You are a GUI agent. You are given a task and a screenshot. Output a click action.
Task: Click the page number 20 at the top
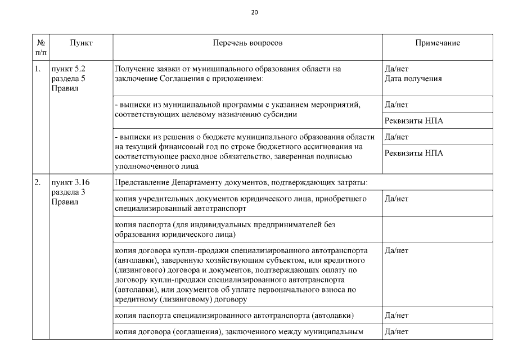pos(254,12)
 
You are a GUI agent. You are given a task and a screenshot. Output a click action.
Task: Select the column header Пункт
pos(81,43)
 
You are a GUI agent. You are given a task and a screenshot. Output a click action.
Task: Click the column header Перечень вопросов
pos(247,43)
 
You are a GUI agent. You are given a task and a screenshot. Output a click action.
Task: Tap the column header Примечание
pos(437,43)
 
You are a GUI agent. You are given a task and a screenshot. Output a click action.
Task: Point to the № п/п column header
pos(40,47)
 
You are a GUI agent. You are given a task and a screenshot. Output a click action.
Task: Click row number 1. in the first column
pos(37,69)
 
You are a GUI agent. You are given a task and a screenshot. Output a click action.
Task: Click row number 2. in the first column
pos(37,183)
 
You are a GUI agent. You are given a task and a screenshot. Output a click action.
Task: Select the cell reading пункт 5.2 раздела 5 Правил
pos(68,79)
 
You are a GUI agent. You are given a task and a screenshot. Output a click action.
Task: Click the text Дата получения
pos(413,79)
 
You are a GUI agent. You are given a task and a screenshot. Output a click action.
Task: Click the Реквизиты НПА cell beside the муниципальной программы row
pos(413,121)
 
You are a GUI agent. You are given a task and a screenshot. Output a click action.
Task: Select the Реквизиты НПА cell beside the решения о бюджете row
pos(413,153)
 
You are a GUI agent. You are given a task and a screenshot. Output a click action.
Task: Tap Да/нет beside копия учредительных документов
pos(396,199)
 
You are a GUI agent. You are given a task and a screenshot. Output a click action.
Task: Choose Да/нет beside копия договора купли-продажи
pos(396,251)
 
